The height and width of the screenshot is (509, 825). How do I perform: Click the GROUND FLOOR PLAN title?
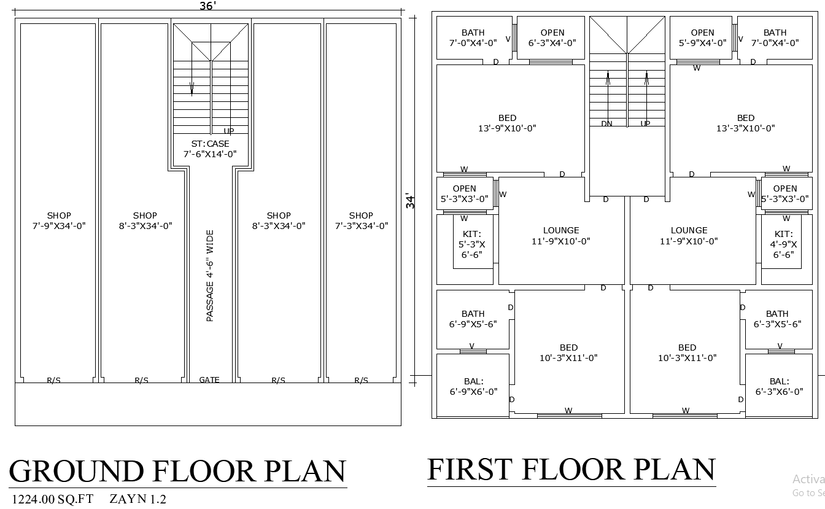(177, 471)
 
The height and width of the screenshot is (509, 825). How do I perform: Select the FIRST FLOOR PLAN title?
(571, 469)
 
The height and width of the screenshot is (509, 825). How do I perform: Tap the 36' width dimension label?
(207, 6)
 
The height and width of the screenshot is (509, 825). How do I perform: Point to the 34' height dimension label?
(410, 201)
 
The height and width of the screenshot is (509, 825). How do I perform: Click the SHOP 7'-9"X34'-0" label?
(59, 220)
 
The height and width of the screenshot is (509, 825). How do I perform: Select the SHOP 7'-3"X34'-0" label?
(361, 220)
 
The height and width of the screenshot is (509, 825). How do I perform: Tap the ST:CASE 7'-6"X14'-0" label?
(210, 149)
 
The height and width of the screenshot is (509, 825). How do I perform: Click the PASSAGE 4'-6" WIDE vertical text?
(210, 276)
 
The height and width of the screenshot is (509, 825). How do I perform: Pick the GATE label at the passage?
(209, 380)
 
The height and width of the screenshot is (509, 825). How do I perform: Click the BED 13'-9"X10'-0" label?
(507, 123)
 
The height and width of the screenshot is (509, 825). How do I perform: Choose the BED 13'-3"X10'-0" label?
(746, 123)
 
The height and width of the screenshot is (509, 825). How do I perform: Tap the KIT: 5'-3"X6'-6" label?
(472, 244)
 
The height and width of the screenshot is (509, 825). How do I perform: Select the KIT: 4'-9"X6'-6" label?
(783, 244)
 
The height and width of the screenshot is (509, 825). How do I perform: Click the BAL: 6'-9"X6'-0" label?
(473, 386)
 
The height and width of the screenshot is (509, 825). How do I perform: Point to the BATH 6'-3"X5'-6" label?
(777, 319)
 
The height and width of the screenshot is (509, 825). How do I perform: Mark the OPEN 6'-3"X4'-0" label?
(552, 37)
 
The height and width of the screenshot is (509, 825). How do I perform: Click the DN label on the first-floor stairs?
(606, 124)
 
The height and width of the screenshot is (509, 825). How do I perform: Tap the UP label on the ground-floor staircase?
(228, 131)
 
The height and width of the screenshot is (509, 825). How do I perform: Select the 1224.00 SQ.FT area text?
(53, 499)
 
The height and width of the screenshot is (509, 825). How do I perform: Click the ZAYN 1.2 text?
(138, 499)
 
